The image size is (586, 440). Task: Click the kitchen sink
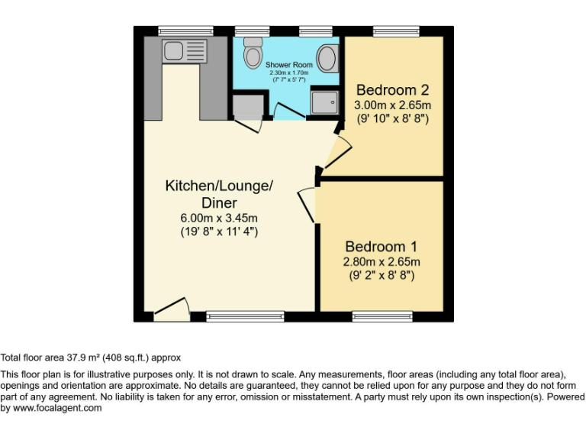click(x=173, y=51)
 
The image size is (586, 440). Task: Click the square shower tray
click(x=326, y=102)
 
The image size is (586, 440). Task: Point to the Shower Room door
click(x=286, y=113)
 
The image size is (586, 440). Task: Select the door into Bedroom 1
click(x=307, y=204)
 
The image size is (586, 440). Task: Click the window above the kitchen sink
click(x=175, y=31)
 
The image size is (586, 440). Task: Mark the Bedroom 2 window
click(x=395, y=31)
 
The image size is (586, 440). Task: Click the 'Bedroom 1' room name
click(x=381, y=247)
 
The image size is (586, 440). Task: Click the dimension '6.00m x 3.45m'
click(x=219, y=217)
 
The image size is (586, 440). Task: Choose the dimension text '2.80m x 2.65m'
click(x=381, y=261)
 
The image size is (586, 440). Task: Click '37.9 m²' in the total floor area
click(x=85, y=357)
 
